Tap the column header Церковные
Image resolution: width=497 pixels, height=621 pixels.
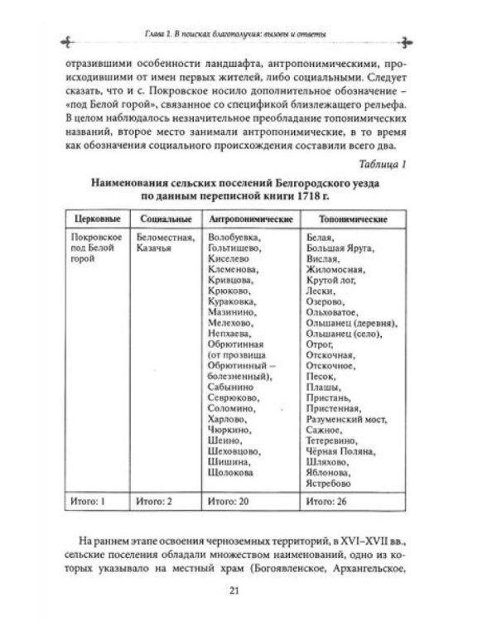point(93,218)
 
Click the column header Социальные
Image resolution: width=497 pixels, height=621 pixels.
point(164,218)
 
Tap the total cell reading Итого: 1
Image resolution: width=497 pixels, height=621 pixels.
point(85,502)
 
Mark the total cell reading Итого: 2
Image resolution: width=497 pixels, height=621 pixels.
point(156,502)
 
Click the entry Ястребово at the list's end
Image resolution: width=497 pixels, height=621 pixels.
point(327,483)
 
